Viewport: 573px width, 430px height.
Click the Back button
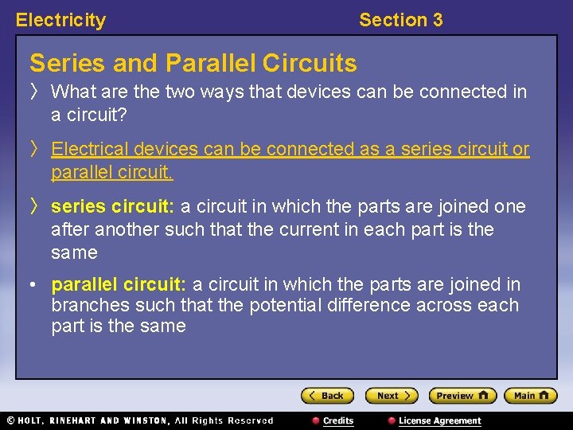[x=326, y=396]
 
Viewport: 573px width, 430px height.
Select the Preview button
[x=462, y=396]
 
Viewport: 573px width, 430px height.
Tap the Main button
[x=530, y=396]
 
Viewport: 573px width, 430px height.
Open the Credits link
[x=337, y=420]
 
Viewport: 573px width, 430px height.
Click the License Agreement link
[x=439, y=420]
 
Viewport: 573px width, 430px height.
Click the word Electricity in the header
[x=60, y=21]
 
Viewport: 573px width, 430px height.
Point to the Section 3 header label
[x=400, y=21]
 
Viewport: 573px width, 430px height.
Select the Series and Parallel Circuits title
[x=193, y=63]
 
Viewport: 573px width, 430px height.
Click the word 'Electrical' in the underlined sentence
[x=88, y=150]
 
